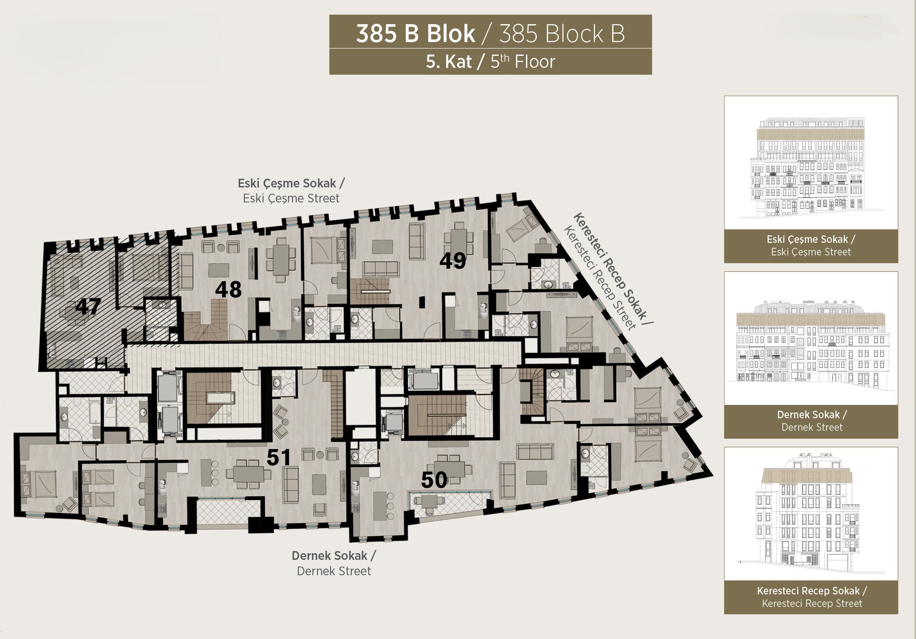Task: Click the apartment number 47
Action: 88,307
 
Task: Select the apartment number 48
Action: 228,290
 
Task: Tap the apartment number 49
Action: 453,261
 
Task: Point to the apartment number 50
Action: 434,480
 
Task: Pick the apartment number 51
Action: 278,457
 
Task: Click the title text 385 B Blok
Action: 415,34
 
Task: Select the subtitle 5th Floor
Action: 523,62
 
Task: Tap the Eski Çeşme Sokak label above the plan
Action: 291,183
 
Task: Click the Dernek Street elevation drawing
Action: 811,346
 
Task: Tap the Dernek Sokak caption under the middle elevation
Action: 812,415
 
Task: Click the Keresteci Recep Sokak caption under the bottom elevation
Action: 812,591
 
